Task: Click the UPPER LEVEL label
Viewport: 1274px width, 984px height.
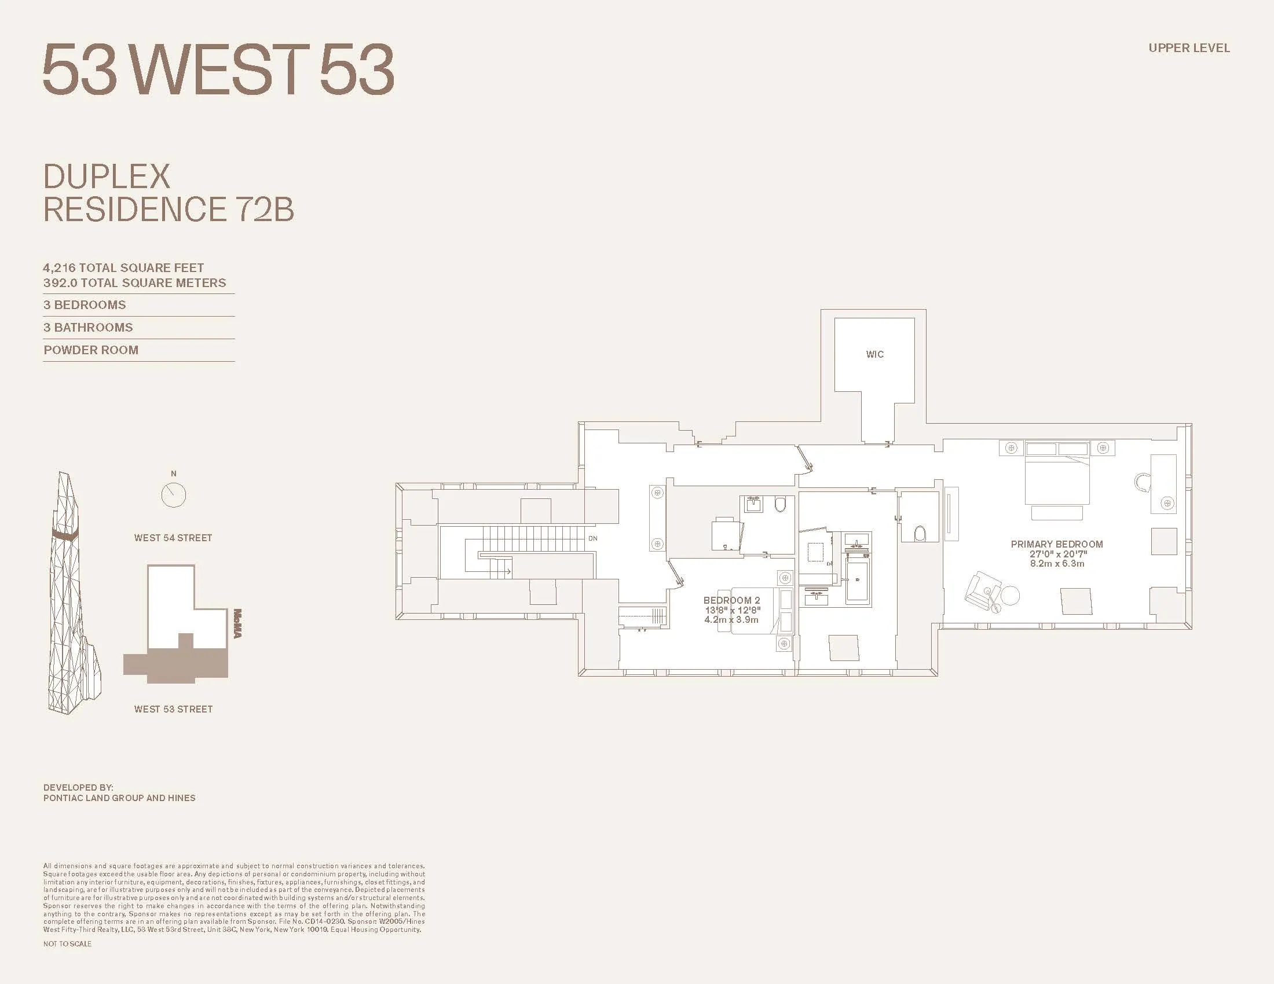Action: (1189, 49)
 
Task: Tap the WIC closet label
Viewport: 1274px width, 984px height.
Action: (874, 354)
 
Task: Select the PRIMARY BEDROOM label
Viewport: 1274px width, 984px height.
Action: (1056, 544)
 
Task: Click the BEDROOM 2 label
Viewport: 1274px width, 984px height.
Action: (731, 600)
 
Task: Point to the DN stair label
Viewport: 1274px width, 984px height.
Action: (592, 539)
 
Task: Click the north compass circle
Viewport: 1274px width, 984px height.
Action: (173, 495)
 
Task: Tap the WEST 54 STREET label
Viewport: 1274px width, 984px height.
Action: (173, 538)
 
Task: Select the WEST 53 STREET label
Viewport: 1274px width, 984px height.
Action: (173, 710)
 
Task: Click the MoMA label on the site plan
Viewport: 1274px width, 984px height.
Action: (237, 623)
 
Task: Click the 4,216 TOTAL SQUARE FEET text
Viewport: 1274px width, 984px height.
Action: (123, 268)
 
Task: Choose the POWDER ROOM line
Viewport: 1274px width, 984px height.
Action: (91, 350)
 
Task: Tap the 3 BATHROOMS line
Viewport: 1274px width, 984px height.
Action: (88, 328)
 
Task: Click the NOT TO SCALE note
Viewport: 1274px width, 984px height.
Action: (67, 944)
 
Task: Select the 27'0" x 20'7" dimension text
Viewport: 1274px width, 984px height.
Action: (1057, 554)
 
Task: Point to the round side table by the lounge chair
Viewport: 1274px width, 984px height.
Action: (1010, 595)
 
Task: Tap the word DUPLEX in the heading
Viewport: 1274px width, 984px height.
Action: (107, 177)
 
